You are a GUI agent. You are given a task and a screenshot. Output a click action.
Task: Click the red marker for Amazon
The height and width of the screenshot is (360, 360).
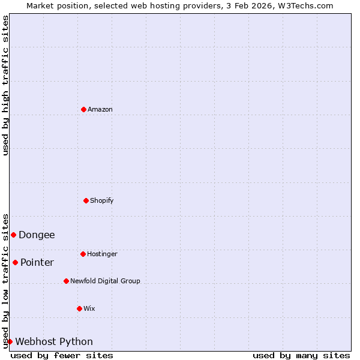click(83, 109)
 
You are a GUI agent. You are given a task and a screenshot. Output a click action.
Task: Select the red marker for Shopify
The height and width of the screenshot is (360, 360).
click(86, 200)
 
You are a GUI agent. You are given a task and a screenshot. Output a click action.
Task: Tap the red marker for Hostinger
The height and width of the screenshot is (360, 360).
click(83, 254)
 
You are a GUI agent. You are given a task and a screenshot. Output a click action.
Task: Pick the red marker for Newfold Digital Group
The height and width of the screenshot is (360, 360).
click(66, 281)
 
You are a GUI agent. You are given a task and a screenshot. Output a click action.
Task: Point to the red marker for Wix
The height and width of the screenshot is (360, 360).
click(79, 308)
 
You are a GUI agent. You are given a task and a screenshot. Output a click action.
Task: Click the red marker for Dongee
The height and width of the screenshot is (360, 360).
click(13, 235)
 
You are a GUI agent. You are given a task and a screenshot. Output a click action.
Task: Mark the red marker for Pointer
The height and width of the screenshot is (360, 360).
click(15, 262)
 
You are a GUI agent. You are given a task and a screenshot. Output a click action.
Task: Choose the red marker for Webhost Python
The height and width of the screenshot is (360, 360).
click(10, 341)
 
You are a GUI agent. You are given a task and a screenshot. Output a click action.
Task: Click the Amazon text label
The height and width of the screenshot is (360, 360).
click(100, 109)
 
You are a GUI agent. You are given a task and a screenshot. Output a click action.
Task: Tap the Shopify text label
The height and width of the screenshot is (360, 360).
click(102, 200)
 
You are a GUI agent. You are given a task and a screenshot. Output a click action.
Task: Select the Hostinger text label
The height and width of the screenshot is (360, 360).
click(102, 254)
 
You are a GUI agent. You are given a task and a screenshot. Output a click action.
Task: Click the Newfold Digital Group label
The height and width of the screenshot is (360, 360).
click(105, 281)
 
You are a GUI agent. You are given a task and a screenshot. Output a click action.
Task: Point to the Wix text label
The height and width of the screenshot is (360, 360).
click(89, 308)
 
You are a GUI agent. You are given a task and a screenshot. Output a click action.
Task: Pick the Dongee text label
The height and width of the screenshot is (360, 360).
click(37, 235)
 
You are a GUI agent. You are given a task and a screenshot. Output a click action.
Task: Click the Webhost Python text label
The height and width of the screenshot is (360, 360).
click(54, 342)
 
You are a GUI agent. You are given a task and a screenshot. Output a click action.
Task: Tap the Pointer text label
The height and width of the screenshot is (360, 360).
click(37, 262)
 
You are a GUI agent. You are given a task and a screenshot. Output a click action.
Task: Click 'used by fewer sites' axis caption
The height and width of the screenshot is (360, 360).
click(62, 355)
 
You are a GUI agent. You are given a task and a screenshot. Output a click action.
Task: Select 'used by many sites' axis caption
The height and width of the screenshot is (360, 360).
click(301, 355)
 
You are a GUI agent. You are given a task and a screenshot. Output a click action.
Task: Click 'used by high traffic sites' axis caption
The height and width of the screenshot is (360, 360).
click(5, 85)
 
